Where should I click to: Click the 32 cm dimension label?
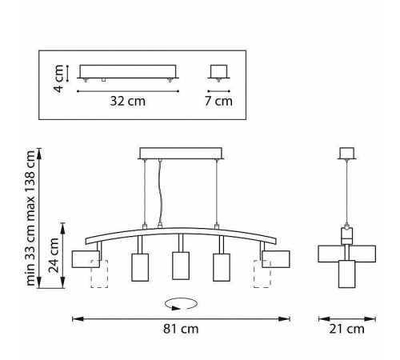tap(128, 101)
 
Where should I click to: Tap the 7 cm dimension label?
tap(218, 101)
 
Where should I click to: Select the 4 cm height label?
tap(58, 78)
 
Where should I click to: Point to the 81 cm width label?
tap(181, 329)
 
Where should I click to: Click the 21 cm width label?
tap(346, 329)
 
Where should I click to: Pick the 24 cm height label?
tap(54, 255)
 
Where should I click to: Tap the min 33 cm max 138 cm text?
tap(30, 218)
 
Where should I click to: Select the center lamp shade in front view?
tap(181, 266)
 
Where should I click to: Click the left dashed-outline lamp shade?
tap(99, 274)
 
